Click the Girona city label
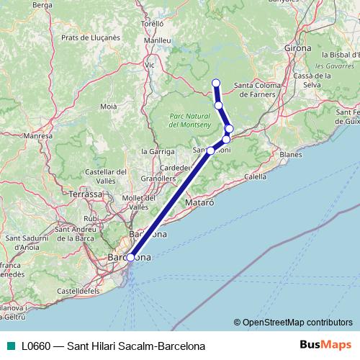[298, 48]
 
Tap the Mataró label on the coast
[200, 204]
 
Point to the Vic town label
[150, 64]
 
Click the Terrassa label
[86, 194]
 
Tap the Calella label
[255, 176]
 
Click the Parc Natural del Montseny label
[190, 120]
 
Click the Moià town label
[109, 106]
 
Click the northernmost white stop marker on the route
[215, 82]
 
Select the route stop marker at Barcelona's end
[130, 257]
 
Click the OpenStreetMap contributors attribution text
[297, 323]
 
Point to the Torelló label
[153, 24]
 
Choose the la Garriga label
[158, 152]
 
